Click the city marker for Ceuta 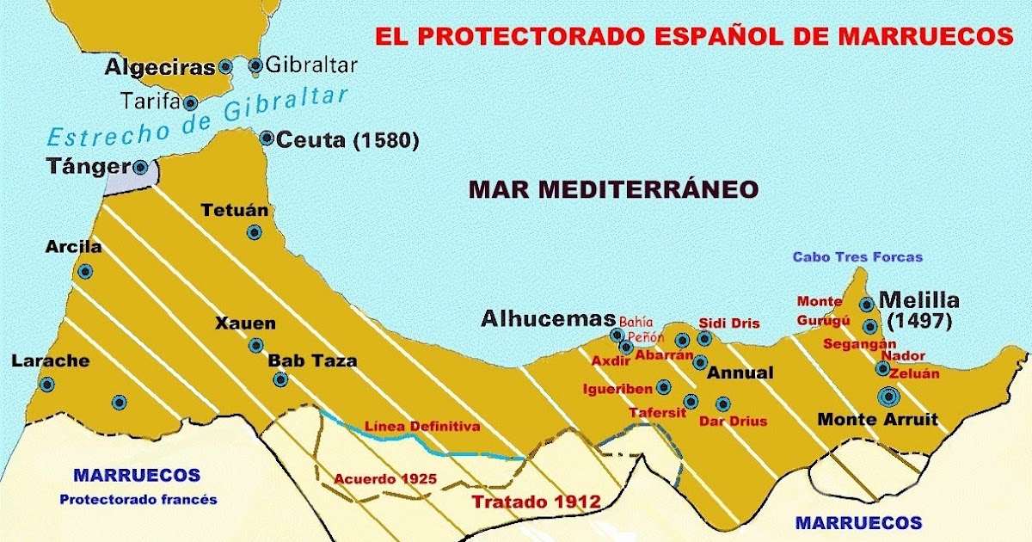coord(267,138)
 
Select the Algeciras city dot coord(225,65)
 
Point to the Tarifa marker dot coord(191,103)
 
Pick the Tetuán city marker coord(254,231)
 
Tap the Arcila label coord(73,247)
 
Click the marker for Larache coord(46,385)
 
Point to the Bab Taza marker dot coord(279,379)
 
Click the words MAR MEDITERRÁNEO coord(613,189)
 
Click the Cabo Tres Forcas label coord(857,256)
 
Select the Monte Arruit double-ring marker coord(888,397)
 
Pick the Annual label coord(740,373)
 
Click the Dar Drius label coord(733,422)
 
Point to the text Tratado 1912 coord(535,502)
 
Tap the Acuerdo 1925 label coord(374,478)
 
